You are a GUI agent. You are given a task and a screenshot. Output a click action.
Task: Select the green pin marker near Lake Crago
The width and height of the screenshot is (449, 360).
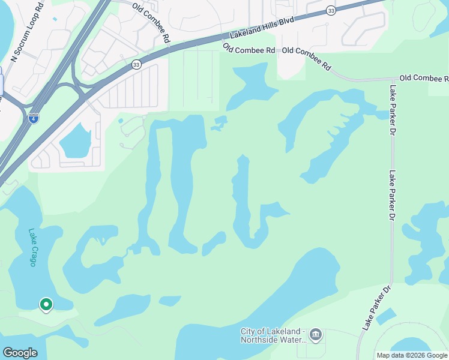[x=46, y=305]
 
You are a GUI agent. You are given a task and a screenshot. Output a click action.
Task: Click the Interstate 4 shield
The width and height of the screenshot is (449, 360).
[x=33, y=118]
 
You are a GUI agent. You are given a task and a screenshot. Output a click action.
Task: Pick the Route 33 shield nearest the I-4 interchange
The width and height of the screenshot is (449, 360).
[x=137, y=65]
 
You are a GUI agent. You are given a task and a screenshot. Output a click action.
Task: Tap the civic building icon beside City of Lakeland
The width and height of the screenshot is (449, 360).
[x=316, y=334]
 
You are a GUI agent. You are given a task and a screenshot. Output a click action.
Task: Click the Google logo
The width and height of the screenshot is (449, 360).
[x=20, y=353]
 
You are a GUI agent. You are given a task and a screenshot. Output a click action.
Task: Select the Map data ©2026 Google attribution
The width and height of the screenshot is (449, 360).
[x=412, y=355]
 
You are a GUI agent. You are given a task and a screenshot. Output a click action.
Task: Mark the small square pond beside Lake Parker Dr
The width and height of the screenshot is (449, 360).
[x=386, y=316]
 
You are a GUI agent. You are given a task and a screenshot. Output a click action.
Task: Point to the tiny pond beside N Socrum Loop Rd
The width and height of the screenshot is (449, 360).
[x=55, y=19]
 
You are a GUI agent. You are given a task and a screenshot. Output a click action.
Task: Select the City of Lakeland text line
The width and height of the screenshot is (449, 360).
[x=273, y=332]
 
